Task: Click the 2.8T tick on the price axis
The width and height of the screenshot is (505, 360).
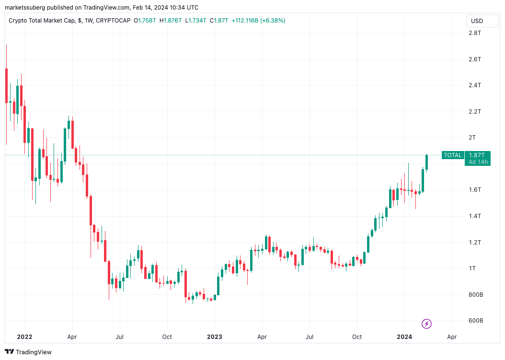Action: coord(475,33)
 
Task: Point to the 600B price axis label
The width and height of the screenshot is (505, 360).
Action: coord(476,321)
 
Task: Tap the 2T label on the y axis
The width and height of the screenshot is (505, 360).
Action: coord(472,138)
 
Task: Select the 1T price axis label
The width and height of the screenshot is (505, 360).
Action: coord(472,268)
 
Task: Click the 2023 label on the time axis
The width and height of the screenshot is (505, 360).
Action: coord(214,337)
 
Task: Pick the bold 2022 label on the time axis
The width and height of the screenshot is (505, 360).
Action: coord(24,337)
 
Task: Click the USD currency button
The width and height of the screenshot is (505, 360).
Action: coord(477,21)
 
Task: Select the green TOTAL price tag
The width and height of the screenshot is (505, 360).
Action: coord(453,155)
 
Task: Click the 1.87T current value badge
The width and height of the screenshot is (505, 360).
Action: coord(477,155)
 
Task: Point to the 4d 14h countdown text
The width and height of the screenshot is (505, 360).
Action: coord(478,162)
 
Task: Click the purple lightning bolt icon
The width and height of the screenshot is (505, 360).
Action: coord(426,324)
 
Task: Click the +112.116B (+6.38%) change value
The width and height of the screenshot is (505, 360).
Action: coord(258,21)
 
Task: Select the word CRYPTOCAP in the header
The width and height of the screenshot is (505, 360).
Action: coord(113,21)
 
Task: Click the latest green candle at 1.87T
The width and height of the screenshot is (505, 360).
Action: coord(426,163)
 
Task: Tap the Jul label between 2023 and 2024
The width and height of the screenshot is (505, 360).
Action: coord(310,337)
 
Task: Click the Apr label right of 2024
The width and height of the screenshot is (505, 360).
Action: coord(451,337)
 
